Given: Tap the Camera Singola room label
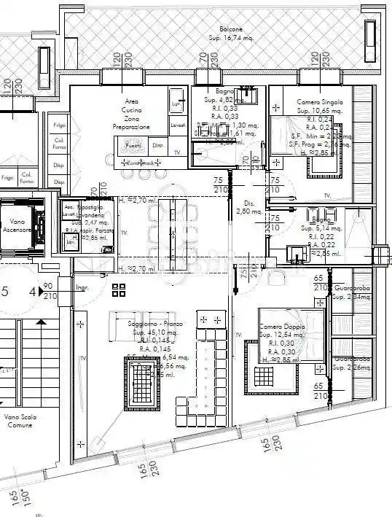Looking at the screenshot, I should coord(319,103).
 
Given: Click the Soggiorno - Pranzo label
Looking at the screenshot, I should coord(151,324).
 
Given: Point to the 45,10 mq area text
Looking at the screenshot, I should coord(151,332).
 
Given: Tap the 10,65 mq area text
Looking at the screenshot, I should coord(319,111).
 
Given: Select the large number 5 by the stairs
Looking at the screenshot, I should coord(5,292).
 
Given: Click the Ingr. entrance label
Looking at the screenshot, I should coord(82,288).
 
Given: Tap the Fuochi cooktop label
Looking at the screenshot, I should coord(133,146).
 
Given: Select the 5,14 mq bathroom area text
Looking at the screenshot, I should coord(321,228).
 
